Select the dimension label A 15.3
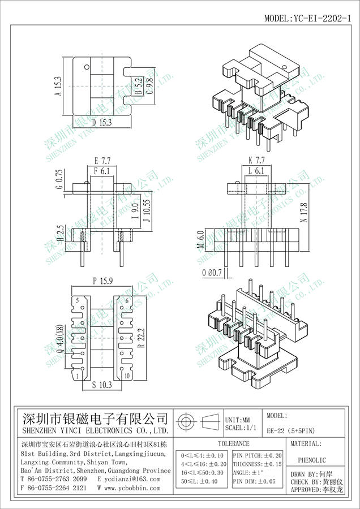(x=58, y=86)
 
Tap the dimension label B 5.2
(x=139, y=86)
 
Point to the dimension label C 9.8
(x=149, y=86)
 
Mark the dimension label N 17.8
(x=304, y=213)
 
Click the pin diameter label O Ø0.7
(x=212, y=273)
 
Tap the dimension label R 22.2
(x=141, y=338)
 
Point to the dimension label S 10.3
(x=102, y=385)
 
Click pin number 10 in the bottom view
(x=127, y=376)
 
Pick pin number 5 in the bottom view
(x=78, y=301)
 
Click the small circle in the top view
(x=87, y=67)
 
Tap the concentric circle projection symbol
(x=185, y=422)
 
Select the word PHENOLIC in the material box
(x=312, y=460)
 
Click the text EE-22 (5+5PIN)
(x=291, y=431)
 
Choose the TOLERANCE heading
(x=234, y=443)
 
